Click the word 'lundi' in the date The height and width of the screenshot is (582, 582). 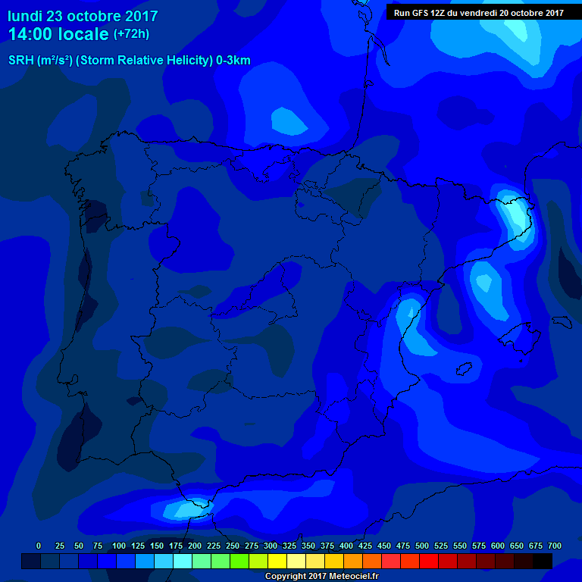pos(25,16)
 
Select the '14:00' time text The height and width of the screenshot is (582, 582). pos(30,34)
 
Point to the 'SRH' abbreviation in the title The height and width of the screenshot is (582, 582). pos(21,61)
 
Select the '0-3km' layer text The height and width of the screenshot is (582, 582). pos(232,61)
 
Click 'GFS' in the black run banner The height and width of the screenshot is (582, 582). pos(430,13)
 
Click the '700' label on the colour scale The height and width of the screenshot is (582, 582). pos(554,546)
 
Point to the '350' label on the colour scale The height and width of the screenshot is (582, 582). pos(308,546)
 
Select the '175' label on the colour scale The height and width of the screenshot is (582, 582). pos(176,546)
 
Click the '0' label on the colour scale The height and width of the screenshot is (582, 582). pos(39,546)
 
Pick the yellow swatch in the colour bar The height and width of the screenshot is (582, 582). pos(277,561)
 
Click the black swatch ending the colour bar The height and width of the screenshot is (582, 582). pos(543,561)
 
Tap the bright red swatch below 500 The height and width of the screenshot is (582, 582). pos(429,561)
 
